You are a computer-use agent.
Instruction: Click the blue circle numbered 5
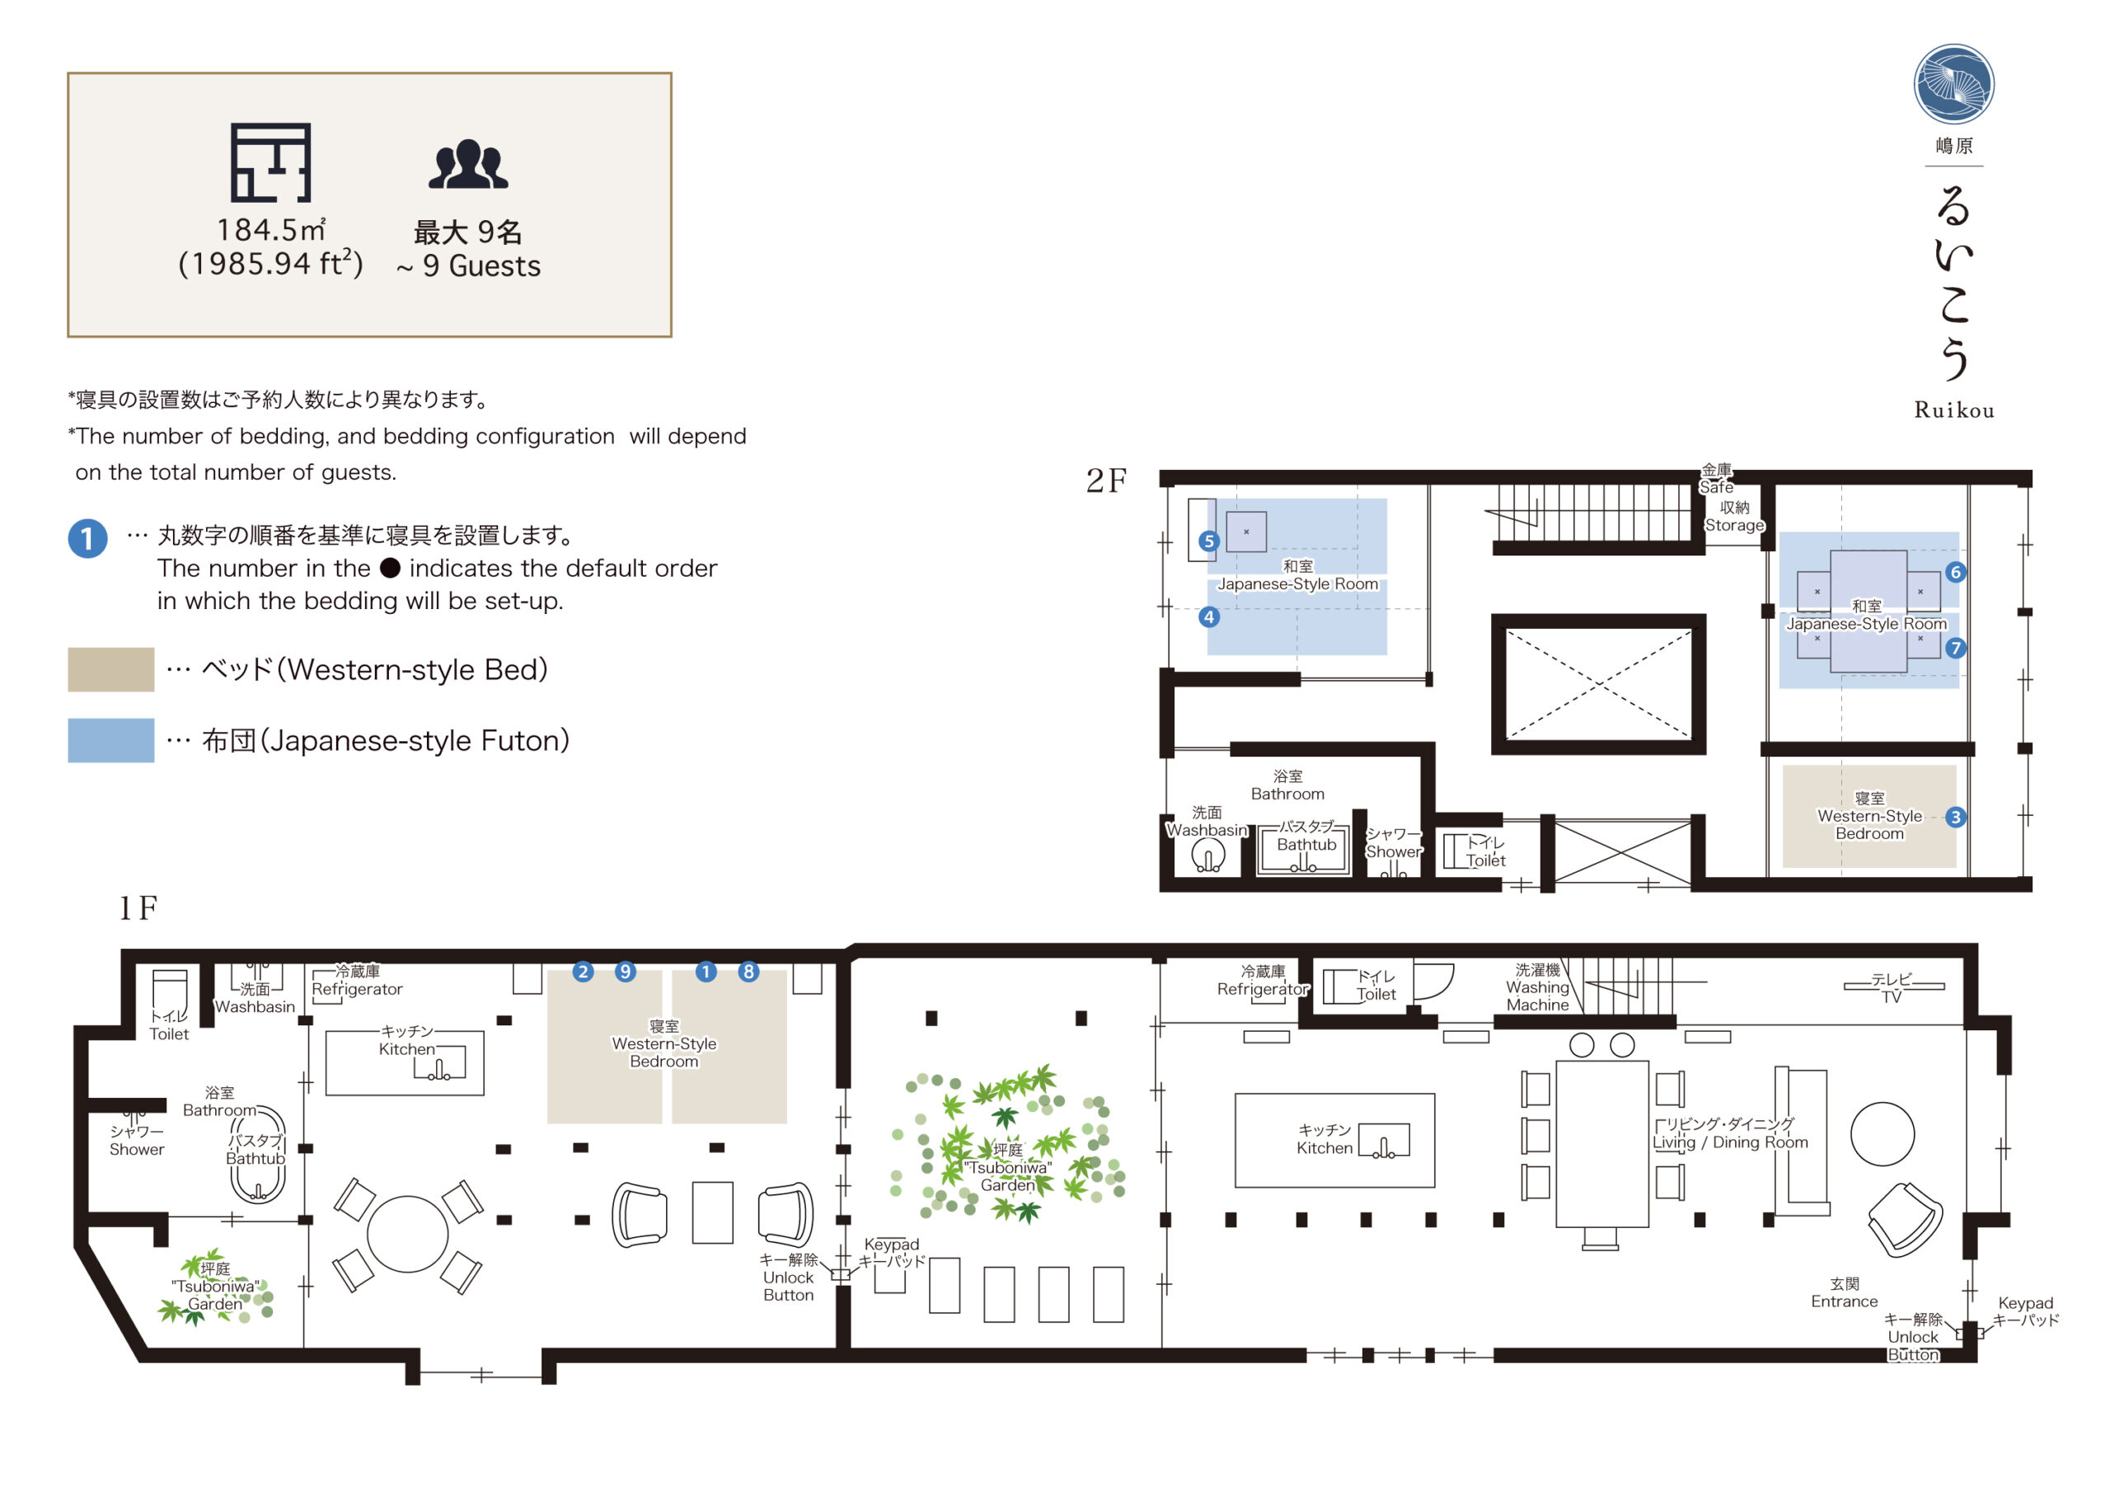click(x=1208, y=541)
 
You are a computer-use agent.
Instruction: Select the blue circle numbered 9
click(x=625, y=971)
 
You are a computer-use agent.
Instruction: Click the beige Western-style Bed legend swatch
click(x=111, y=669)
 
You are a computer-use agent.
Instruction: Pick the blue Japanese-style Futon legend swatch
click(x=111, y=740)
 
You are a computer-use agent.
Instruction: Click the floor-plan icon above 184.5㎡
click(x=270, y=162)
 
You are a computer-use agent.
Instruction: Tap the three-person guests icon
click(x=468, y=165)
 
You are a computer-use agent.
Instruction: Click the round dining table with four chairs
click(x=407, y=1235)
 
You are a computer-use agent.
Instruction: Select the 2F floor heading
click(x=1105, y=480)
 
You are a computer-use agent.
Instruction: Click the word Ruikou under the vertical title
click(x=1953, y=410)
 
